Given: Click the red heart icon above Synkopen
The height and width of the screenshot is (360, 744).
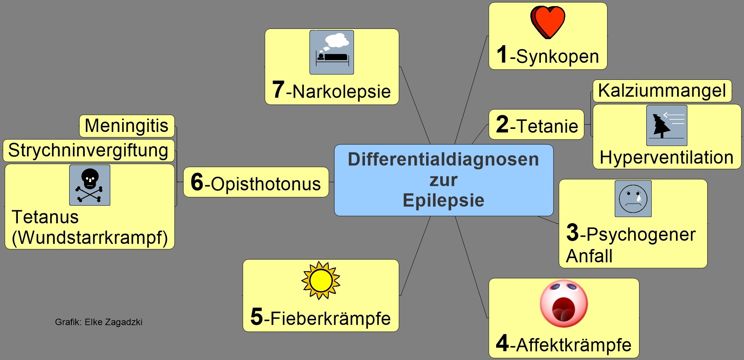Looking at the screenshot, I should pyautogui.click(x=548, y=22).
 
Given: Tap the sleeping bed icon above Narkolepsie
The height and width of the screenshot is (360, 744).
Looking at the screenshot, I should pyautogui.click(x=332, y=52).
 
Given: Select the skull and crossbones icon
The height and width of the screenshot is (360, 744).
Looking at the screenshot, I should pyautogui.click(x=90, y=185).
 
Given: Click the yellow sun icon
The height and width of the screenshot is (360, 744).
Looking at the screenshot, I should pyautogui.click(x=320, y=281).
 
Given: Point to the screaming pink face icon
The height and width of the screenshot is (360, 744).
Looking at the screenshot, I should pyautogui.click(x=564, y=304).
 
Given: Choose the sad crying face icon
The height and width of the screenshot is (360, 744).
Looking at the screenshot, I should pyautogui.click(x=633, y=199).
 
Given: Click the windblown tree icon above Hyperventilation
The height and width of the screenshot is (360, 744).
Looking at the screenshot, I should pyautogui.click(x=666, y=125).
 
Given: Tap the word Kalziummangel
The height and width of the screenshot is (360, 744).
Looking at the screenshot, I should pyautogui.click(x=662, y=91).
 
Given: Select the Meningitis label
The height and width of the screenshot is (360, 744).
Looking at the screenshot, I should pyautogui.click(x=127, y=126).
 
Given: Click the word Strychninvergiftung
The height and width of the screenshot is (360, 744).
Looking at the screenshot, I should pyautogui.click(x=88, y=150).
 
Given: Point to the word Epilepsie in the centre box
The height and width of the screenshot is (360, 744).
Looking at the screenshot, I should pyautogui.click(x=443, y=200).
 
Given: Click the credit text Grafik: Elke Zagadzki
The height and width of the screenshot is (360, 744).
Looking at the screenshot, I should pyautogui.click(x=98, y=322).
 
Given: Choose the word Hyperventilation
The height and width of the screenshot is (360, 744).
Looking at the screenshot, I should pyautogui.click(x=666, y=157).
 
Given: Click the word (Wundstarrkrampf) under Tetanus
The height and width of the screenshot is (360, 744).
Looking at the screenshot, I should pyautogui.click(x=90, y=238).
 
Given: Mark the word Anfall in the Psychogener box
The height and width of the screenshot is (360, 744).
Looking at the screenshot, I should pyautogui.click(x=589, y=256).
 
